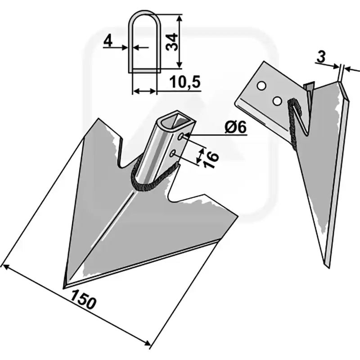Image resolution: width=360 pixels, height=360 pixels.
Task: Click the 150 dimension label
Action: (x=83, y=299)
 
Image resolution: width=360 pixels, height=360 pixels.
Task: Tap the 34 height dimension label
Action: (x=172, y=42)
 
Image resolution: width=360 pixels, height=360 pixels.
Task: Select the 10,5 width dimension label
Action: (x=185, y=82)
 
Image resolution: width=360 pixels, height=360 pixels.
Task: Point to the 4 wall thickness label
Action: (x=108, y=41)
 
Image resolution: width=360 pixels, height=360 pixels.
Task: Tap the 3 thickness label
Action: (x=321, y=57)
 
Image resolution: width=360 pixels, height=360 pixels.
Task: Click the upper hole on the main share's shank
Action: (x=181, y=136)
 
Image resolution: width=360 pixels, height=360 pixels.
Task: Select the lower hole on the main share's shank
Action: (x=173, y=153)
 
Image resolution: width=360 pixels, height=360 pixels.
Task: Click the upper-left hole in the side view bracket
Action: (x=261, y=86)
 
